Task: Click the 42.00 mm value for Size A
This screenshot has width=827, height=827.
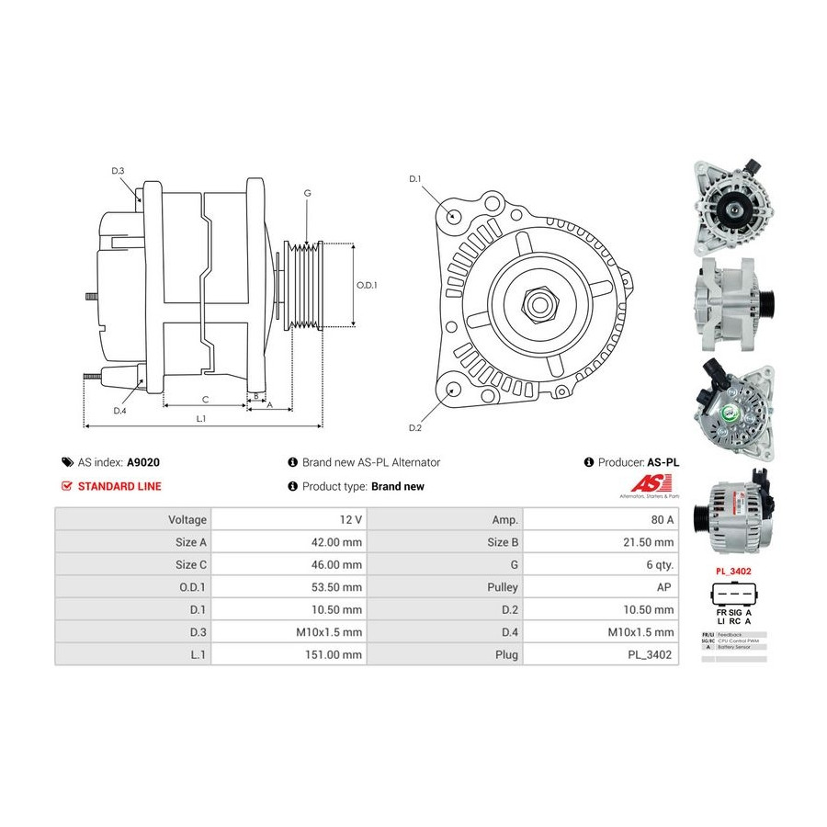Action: pyautogui.click(x=338, y=542)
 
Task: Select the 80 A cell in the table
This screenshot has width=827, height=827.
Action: pyautogui.click(x=662, y=519)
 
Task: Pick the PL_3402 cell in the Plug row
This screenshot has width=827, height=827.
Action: pyautogui.click(x=650, y=655)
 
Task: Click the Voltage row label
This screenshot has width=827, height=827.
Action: pyautogui.click(x=187, y=519)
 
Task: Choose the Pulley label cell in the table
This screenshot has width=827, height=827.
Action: pyautogui.click(x=504, y=587)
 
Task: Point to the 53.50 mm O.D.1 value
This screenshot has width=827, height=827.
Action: pyautogui.click(x=338, y=587)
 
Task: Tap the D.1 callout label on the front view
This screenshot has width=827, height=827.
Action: pyautogui.click(x=414, y=178)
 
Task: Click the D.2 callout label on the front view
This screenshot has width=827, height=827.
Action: pyautogui.click(x=414, y=428)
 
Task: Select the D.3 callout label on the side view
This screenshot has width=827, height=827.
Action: pyautogui.click(x=118, y=171)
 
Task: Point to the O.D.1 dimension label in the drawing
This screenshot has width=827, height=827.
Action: pyautogui.click(x=367, y=285)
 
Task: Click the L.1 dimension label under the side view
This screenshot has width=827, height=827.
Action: pyautogui.click(x=200, y=419)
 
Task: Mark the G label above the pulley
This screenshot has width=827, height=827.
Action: pyautogui.click(x=307, y=193)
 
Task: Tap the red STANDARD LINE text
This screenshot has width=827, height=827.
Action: pyautogui.click(x=119, y=486)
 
